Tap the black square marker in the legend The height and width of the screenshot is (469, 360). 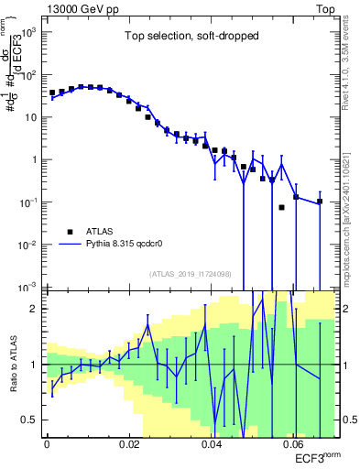coord(70,232)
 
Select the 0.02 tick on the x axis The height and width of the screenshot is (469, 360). coord(129,447)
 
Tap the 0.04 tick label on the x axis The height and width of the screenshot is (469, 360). coord(212,447)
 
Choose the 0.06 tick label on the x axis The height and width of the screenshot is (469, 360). coord(294,447)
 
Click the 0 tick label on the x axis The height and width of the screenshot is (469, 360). coord(47,447)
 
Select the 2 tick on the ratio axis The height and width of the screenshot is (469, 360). coord(34,309)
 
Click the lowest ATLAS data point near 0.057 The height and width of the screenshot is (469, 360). coord(282,207)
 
